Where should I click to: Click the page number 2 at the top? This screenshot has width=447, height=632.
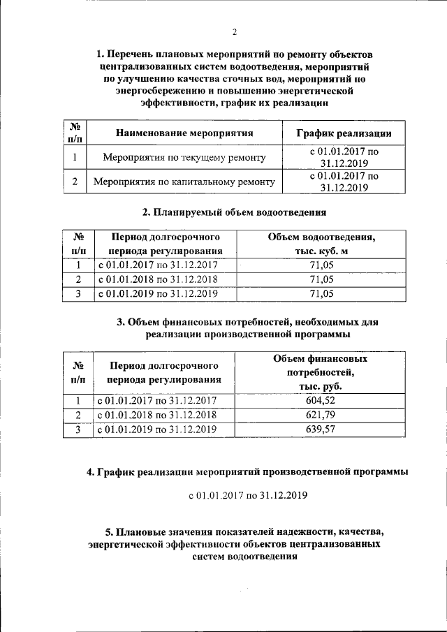pyautogui.click(x=235, y=31)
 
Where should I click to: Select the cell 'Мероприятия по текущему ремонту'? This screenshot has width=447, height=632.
pyautogui.click(x=184, y=158)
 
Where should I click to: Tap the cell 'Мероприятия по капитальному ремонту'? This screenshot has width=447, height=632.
pyautogui.click(x=184, y=182)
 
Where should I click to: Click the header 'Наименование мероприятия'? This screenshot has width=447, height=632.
pyautogui.click(x=184, y=133)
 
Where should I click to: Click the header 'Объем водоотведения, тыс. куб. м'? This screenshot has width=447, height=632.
pyautogui.click(x=321, y=244)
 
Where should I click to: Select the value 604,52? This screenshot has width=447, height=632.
pyautogui.click(x=321, y=400)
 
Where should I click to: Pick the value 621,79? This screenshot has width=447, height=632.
pyautogui.click(x=321, y=415)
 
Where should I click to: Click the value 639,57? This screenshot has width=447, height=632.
pyautogui.click(x=321, y=429)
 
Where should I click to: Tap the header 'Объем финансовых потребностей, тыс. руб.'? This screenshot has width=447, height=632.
pyautogui.click(x=321, y=372)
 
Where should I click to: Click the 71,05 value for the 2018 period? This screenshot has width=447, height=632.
pyautogui.click(x=321, y=279)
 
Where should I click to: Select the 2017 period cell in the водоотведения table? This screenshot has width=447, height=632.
pyautogui.click(x=158, y=265)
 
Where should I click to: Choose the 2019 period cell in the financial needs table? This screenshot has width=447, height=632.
pyautogui.click(x=158, y=429)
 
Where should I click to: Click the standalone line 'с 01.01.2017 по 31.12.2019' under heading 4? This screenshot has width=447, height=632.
pyautogui.click(x=248, y=495)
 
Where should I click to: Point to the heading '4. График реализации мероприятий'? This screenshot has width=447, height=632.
pyautogui.click(x=247, y=471)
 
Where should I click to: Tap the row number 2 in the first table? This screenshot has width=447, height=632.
pyautogui.click(x=75, y=182)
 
